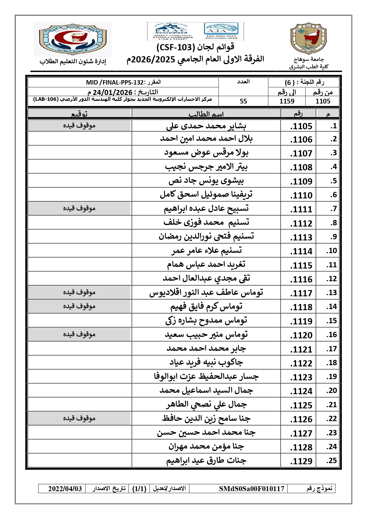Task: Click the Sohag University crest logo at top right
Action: click(x=308, y=39)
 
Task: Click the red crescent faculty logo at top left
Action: click(x=72, y=39)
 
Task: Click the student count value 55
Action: click(x=243, y=101)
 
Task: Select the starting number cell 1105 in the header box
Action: click(x=323, y=101)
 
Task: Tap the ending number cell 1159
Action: click(x=287, y=101)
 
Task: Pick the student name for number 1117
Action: click(x=206, y=293)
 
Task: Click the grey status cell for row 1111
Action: click(x=79, y=208)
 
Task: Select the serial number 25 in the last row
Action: click(x=332, y=461)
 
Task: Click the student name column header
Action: click(x=206, y=114)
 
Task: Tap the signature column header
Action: click(x=79, y=114)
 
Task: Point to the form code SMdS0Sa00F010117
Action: click(x=251, y=489)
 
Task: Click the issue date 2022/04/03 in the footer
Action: click(x=65, y=489)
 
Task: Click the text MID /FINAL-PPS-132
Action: click(x=115, y=83)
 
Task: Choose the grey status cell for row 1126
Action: click(x=79, y=418)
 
